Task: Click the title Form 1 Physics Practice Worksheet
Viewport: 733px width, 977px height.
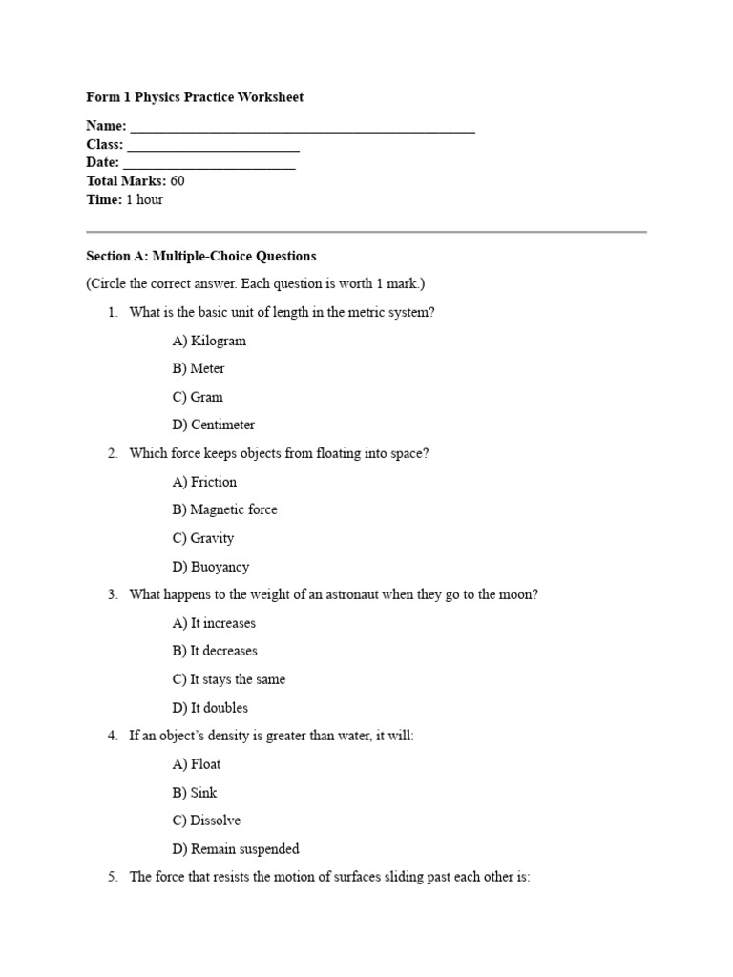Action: pyautogui.click(x=195, y=97)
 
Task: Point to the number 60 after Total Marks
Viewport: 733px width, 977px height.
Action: pyautogui.click(x=178, y=181)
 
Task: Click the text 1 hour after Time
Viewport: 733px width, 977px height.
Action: pyautogui.click(x=144, y=199)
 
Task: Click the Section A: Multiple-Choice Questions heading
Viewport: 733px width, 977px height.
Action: pyautogui.click(x=200, y=256)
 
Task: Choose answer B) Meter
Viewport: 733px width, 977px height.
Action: pyautogui.click(x=199, y=368)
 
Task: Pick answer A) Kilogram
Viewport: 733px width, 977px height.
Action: pyautogui.click(x=209, y=341)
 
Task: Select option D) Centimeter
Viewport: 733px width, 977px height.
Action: pyautogui.click(x=214, y=425)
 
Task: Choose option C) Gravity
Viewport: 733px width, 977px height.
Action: pyautogui.click(x=203, y=538)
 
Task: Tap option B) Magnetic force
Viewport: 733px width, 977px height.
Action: pyautogui.click(x=225, y=509)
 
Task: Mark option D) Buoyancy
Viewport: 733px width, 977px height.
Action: pyautogui.click(x=211, y=567)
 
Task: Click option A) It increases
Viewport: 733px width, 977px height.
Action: pyautogui.click(x=214, y=623)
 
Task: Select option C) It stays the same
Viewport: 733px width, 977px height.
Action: pyautogui.click(x=229, y=679)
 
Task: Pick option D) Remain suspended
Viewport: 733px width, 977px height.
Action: pyautogui.click(x=236, y=848)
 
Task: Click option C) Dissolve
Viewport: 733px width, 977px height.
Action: pyautogui.click(x=206, y=821)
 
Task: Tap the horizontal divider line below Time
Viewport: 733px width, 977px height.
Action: pyautogui.click(x=366, y=232)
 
